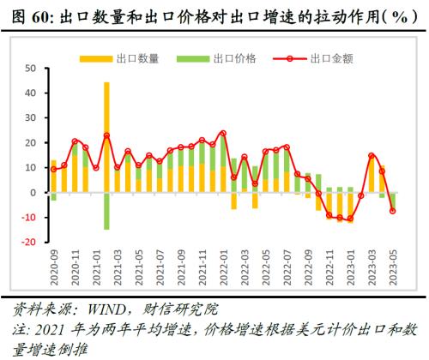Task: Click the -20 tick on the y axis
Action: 30,243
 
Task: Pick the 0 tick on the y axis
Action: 35,193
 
